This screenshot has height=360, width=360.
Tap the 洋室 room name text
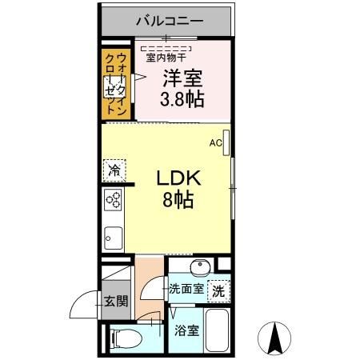point(183,78)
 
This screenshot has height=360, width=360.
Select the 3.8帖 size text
point(183,100)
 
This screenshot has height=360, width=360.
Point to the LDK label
point(177,178)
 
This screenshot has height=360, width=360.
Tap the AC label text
point(214,143)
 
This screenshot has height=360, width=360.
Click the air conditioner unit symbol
point(227,142)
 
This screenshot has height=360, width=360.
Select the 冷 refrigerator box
point(114,170)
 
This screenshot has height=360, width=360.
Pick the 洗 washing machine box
point(218,291)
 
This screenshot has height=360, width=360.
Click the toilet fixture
point(122,338)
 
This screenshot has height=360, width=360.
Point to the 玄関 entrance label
point(114,302)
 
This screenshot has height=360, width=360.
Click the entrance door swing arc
point(81,306)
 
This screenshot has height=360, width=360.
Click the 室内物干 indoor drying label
point(166,56)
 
